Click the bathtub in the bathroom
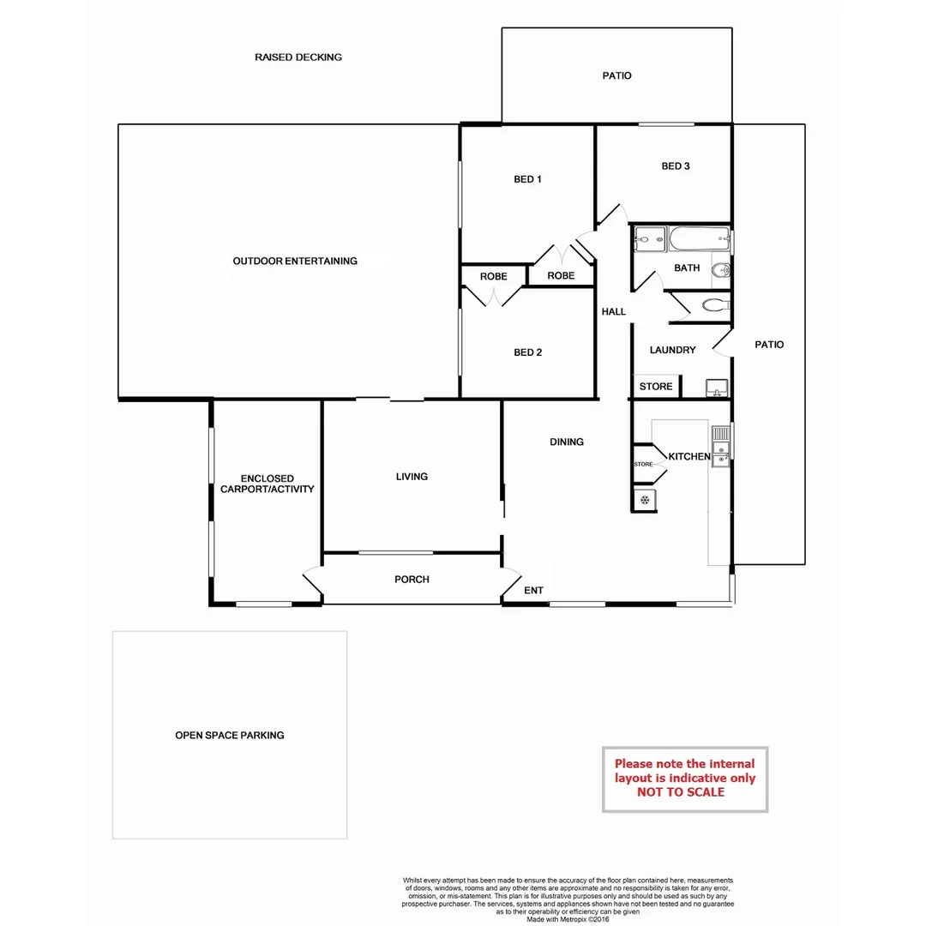(x=699, y=239)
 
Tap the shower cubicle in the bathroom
(x=648, y=238)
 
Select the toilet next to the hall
(x=713, y=304)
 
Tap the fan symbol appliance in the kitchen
(x=644, y=500)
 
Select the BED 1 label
(x=527, y=179)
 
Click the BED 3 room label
(x=676, y=166)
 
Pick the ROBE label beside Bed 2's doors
(x=493, y=277)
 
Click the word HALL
(x=614, y=312)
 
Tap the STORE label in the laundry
(x=656, y=387)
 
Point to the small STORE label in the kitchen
(x=643, y=464)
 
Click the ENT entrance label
(x=533, y=591)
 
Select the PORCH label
(x=412, y=580)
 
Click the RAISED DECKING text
(x=298, y=57)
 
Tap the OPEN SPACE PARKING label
(x=230, y=736)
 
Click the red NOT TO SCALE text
(x=681, y=792)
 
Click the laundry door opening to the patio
(x=721, y=343)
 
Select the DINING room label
(x=567, y=442)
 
